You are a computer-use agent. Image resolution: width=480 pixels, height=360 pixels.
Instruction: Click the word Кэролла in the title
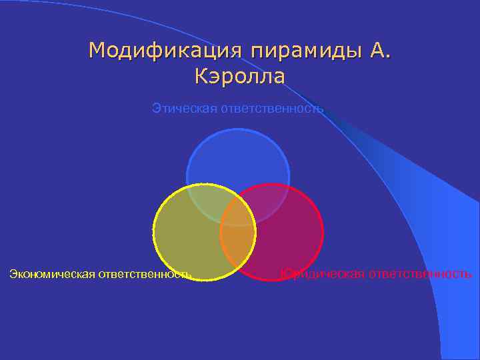pyautogui.click(x=240, y=77)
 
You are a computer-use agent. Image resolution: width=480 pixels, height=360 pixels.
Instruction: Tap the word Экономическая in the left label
pyautogui.click(x=52, y=273)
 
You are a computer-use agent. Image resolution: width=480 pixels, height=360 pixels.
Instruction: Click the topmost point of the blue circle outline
pyautogui.click(x=238, y=129)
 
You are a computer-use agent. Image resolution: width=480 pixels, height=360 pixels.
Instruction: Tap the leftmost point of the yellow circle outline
pyautogui.click(x=153, y=232)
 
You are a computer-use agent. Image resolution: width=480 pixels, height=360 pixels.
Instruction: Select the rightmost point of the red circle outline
pyautogui.click(x=323, y=232)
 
